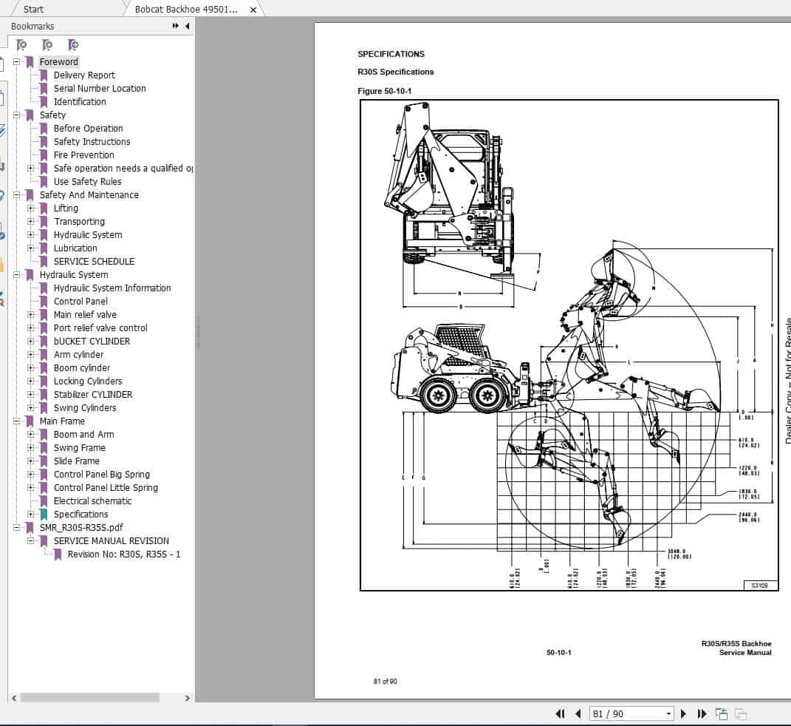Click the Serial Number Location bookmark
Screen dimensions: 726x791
100,88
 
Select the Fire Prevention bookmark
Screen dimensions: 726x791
83,155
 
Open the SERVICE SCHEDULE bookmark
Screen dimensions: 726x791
94,261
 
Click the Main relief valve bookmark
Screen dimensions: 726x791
85,314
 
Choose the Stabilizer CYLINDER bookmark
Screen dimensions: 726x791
93,394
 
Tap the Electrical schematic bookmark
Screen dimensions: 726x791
92,501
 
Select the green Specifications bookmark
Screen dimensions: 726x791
81,514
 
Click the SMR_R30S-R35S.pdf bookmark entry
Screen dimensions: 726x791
81,527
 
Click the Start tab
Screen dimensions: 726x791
33,9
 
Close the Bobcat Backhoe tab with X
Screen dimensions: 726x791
253,10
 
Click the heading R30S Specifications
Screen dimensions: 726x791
395,72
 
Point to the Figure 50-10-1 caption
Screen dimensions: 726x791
384,91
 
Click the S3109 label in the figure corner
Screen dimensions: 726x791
759,585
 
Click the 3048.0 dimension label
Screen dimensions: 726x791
677,551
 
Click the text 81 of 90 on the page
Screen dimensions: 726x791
385,681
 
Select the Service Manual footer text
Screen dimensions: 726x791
745,653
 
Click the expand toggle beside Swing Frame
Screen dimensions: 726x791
31,447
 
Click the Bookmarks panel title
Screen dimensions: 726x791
32,26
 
